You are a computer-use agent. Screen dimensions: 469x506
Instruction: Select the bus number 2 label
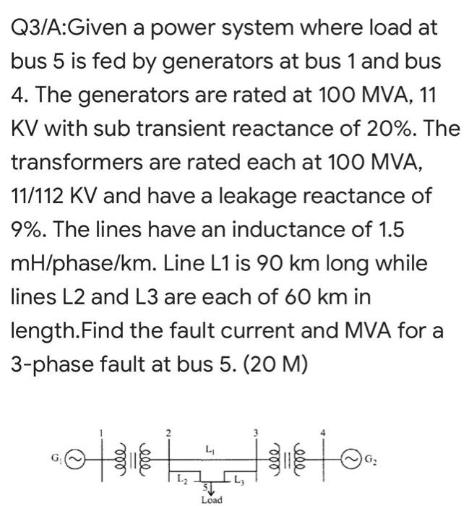pos(168,432)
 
